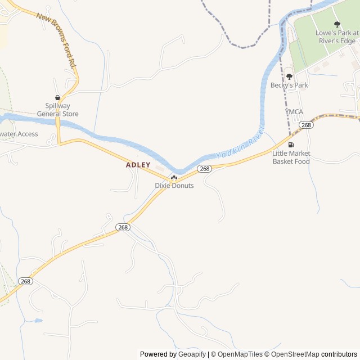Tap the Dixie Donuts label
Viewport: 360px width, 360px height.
tap(174, 186)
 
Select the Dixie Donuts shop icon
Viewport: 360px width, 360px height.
tap(174, 178)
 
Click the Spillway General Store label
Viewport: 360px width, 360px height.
tap(58, 110)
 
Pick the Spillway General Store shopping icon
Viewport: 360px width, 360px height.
tap(58, 98)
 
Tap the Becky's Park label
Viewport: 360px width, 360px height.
tap(289, 85)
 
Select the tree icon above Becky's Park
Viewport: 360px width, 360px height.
tap(289, 76)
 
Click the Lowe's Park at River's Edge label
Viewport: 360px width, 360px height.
tap(336, 37)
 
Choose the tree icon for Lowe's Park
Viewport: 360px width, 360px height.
tap(337, 24)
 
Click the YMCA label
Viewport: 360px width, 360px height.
tap(294, 112)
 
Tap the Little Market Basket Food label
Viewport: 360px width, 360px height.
tap(291, 157)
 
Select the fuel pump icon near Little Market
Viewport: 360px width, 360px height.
tap(291, 145)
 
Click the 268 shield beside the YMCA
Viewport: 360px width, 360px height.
tap(306, 125)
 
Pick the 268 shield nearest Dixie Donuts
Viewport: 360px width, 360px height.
tap(204, 169)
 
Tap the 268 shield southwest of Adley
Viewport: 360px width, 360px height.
tap(123, 227)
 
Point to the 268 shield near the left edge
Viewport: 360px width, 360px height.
tap(25, 281)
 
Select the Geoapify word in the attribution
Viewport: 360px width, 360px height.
tap(192, 354)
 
